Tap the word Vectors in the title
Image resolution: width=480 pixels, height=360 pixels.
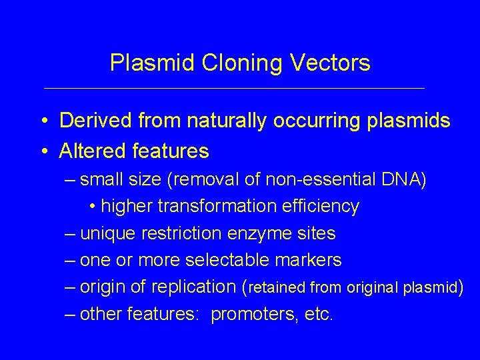[329, 63]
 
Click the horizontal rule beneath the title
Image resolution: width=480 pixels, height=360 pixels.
[233, 88]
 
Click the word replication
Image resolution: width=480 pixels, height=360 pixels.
[193, 287]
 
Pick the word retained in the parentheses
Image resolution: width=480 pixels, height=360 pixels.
[277, 287]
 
